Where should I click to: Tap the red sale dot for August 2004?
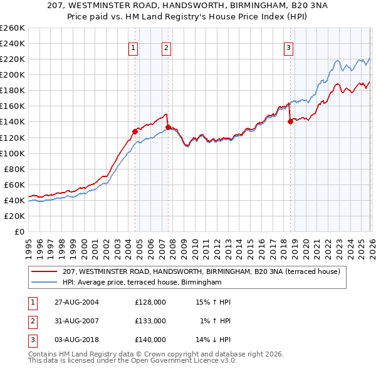(135, 131)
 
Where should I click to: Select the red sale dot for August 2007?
(168, 127)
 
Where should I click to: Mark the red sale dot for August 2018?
(290, 122)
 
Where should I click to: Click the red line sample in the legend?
(45, 272)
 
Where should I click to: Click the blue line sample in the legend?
(45, 283)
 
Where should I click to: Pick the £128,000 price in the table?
(150, 302)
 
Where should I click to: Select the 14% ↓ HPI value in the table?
(212, 340)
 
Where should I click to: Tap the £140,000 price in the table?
(150, 340)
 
